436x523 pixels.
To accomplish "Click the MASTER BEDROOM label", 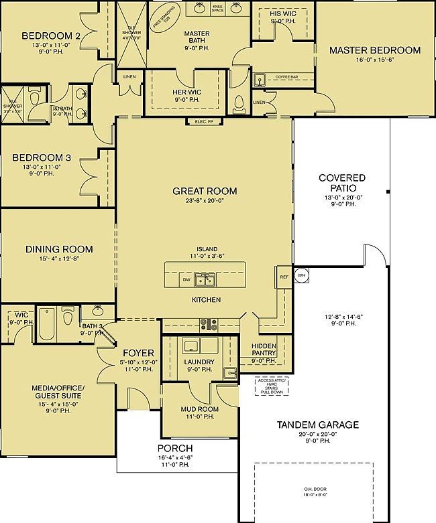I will click(x=374, y=50).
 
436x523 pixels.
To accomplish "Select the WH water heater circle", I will click(x=301, y=275).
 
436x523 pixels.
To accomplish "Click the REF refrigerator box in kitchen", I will click(x=284, y=276).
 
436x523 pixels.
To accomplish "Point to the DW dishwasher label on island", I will click(x=186, y=280).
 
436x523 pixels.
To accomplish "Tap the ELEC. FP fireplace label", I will click(x=204, y=121).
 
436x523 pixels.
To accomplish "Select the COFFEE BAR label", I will click(x=287, y=77).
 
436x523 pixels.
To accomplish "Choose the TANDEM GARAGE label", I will click(x=317, y=425).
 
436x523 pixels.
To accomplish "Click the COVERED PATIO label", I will click(x=342, y=182).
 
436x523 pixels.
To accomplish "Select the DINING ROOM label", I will click(x=59, y=249).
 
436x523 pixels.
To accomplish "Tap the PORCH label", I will click(x=175, y=448).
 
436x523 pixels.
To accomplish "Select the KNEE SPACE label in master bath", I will click(x=217, y=8).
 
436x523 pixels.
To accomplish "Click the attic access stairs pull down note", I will click(x=271, y=387).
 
